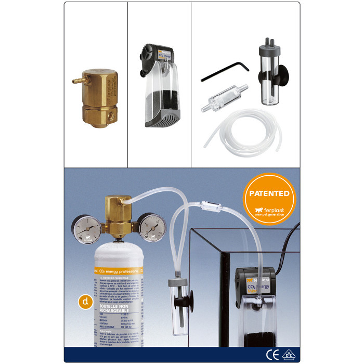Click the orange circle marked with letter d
point(85,302)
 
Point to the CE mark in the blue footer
point(271,355)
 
